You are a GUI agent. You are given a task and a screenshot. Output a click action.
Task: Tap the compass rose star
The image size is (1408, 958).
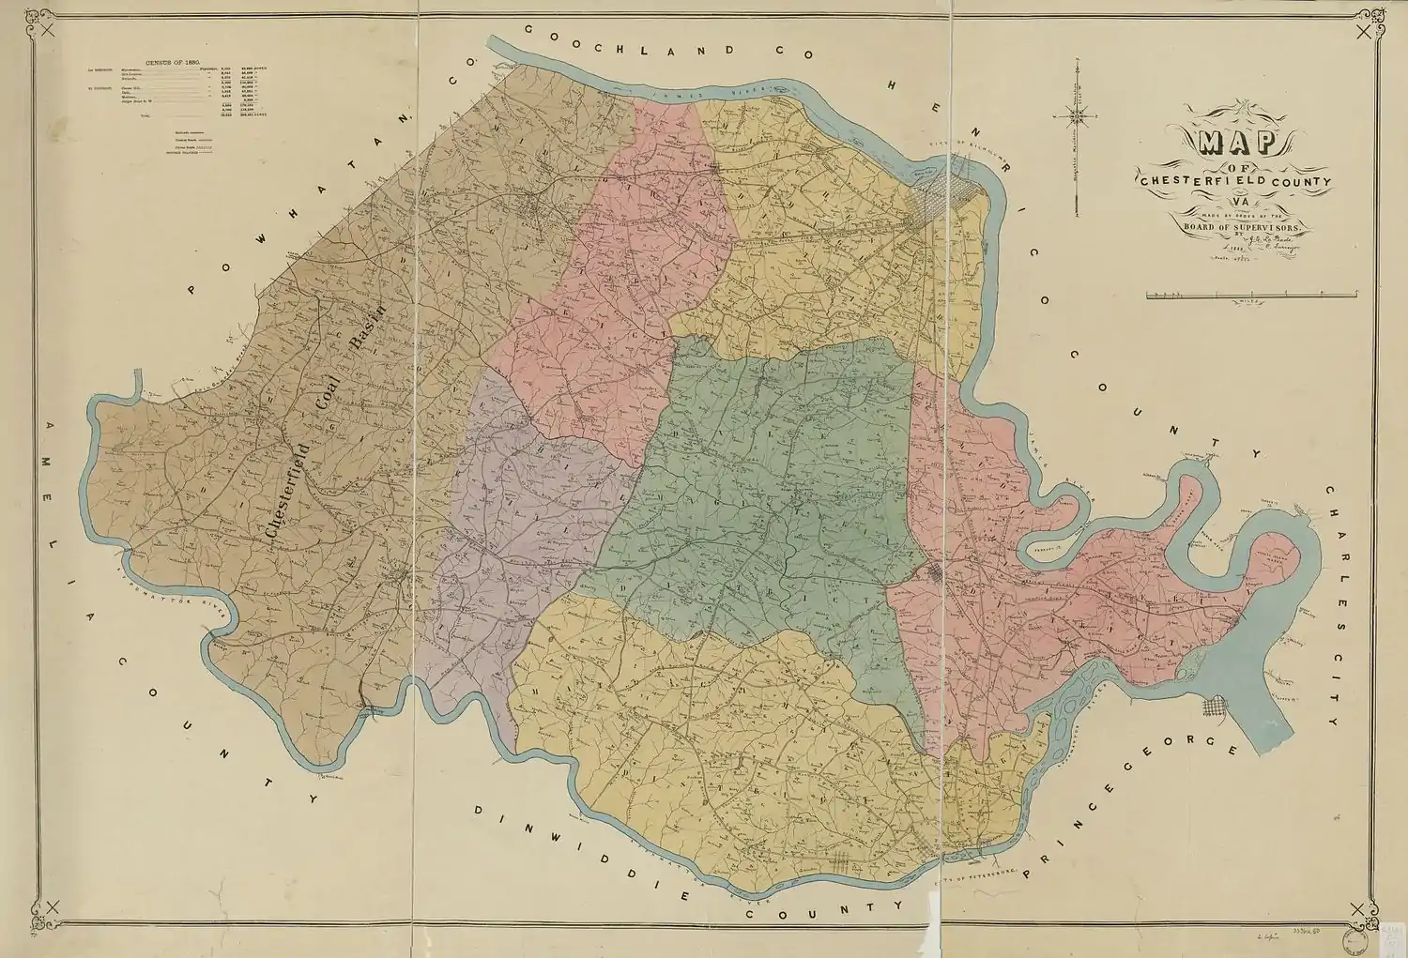pos(1078,116)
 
